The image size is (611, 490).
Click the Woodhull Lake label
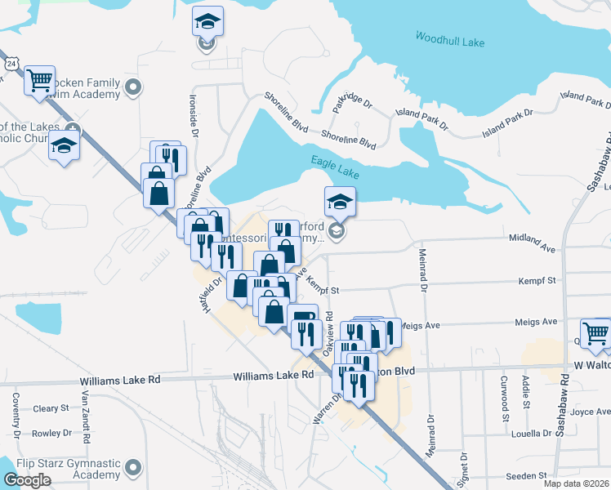click(450, 38)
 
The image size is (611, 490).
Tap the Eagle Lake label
click(335, 163)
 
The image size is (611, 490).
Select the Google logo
click(27, 480)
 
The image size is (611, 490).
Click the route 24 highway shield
click(10, 63)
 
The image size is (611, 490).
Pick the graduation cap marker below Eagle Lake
click(340, 201)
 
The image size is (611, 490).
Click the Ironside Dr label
click(194, 119)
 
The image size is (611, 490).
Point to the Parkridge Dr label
click(352, 103)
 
